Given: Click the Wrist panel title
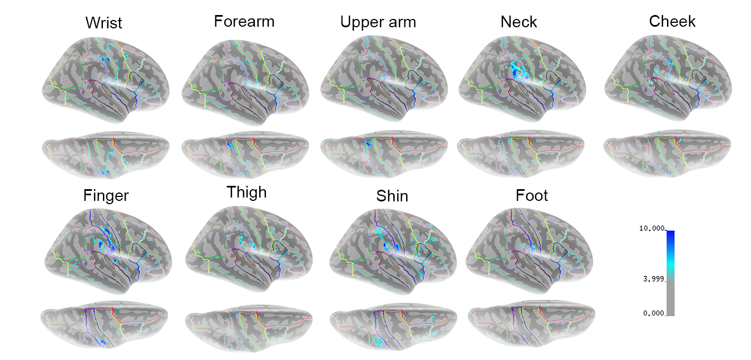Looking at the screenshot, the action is (x=104, y=23).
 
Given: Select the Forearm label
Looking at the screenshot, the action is (x=244, y=22).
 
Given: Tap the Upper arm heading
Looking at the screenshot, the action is (x=378, y=23).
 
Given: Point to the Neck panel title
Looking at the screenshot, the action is (x=519, y=22).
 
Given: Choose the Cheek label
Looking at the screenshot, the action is (x=672, y=22).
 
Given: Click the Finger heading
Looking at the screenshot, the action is (x=106, y=196).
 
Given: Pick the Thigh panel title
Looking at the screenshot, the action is (x=246, y=193).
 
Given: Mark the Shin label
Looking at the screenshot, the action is (x=392, y=196).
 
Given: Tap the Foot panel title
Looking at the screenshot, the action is (x=532, y=196).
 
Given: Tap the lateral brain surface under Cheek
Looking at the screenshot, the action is (x=668, y=75).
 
